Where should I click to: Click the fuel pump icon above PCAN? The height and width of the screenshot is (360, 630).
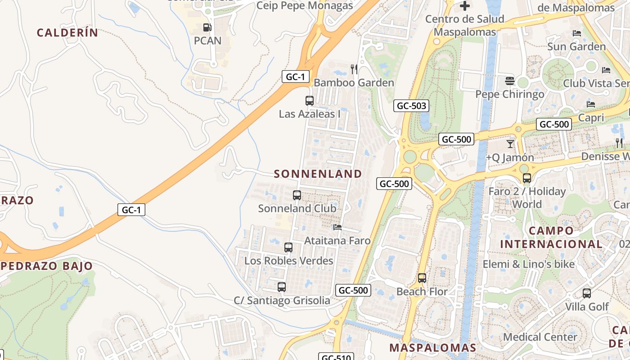[207, 27]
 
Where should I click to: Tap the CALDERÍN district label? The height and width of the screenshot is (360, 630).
[67, 32]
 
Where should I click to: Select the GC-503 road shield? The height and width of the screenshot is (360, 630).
[411, 106]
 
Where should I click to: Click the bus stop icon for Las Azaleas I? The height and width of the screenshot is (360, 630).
[309, 100]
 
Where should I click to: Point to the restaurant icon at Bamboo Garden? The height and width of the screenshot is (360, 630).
[354, 69]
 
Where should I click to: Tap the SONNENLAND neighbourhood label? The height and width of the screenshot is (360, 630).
[318, 174]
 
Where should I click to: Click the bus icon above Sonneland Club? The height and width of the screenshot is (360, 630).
[297, 195]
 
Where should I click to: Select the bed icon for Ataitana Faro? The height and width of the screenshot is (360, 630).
[337, 227]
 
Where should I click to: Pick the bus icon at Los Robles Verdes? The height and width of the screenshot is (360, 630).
[288, 247]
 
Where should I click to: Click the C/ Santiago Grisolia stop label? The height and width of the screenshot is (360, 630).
[282, 301]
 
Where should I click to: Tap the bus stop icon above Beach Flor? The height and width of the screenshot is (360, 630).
[422, 278]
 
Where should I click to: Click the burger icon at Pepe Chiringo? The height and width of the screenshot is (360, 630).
[510, 81]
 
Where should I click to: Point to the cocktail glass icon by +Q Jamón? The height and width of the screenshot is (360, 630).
[510, 144]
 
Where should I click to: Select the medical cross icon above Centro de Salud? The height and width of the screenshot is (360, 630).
[465, 6]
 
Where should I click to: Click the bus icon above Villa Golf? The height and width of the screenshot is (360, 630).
[587, 293]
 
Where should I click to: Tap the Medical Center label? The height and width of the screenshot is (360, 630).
[540, 337]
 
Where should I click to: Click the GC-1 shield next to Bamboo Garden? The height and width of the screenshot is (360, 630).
[296, 76]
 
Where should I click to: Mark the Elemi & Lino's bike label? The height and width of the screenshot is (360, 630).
[529, 264]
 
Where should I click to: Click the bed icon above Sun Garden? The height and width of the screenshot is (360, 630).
[576, 33]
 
